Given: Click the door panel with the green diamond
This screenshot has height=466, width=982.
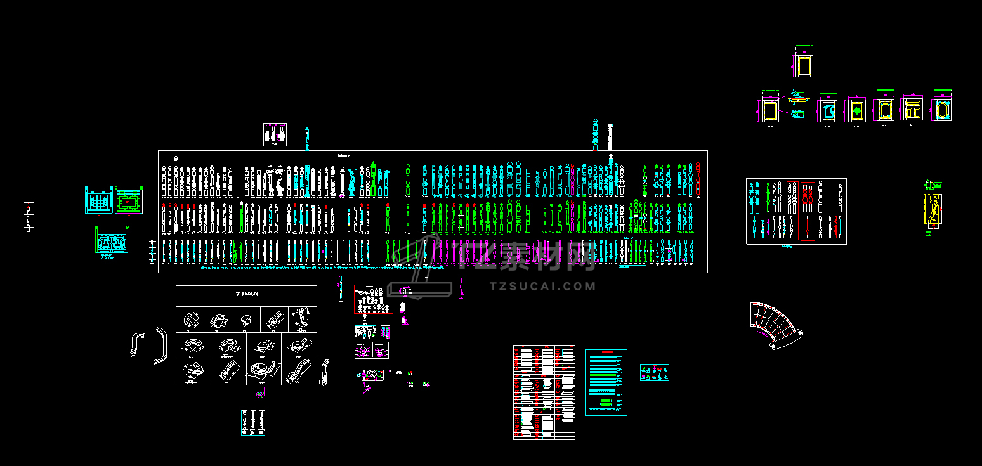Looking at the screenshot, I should pyautogui.click(x=856, y=110).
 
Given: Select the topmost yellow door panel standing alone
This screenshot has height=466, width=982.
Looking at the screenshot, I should pyautogui.click(x=803, y=65).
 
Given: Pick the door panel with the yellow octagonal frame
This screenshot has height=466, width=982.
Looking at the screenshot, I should pyautogui.click(x=942, y=110).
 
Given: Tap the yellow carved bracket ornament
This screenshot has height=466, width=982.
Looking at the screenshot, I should pyautogui.click(x=933, y=210).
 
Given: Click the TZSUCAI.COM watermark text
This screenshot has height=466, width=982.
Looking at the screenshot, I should pyautogui.click(x=543, y=287).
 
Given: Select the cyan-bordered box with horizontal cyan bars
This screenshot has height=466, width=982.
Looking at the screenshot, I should pyautogui.click(x=605, y=382).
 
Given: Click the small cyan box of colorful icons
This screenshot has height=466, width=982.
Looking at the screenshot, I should pyautogui.click(x=654, y=373).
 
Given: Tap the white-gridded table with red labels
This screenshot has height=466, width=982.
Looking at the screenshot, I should pyautogui.click(x=544, y=392).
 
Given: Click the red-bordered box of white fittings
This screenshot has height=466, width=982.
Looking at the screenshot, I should pyautogui.click(x=373, y=299).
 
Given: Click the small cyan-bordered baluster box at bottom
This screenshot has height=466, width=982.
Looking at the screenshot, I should pyautogui.click(x=252, y=422).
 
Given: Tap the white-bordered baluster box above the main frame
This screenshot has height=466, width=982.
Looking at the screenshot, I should pyautogui.click(x=275, y=134).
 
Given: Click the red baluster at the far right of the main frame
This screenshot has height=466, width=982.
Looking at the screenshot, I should pyautogui.click(x=698, y=179).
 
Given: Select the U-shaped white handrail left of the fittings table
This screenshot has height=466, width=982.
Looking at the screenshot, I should pyautogui.click(x=160, y=346).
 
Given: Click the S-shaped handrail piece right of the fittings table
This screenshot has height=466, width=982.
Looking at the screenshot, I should pyautogui.click(x=325, y=372).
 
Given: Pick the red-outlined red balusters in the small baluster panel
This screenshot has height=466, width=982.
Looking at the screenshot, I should pyautogui.click(x=800, y=211).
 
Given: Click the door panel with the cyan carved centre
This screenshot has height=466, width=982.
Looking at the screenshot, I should pyautogui.click(x=827, y=111).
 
